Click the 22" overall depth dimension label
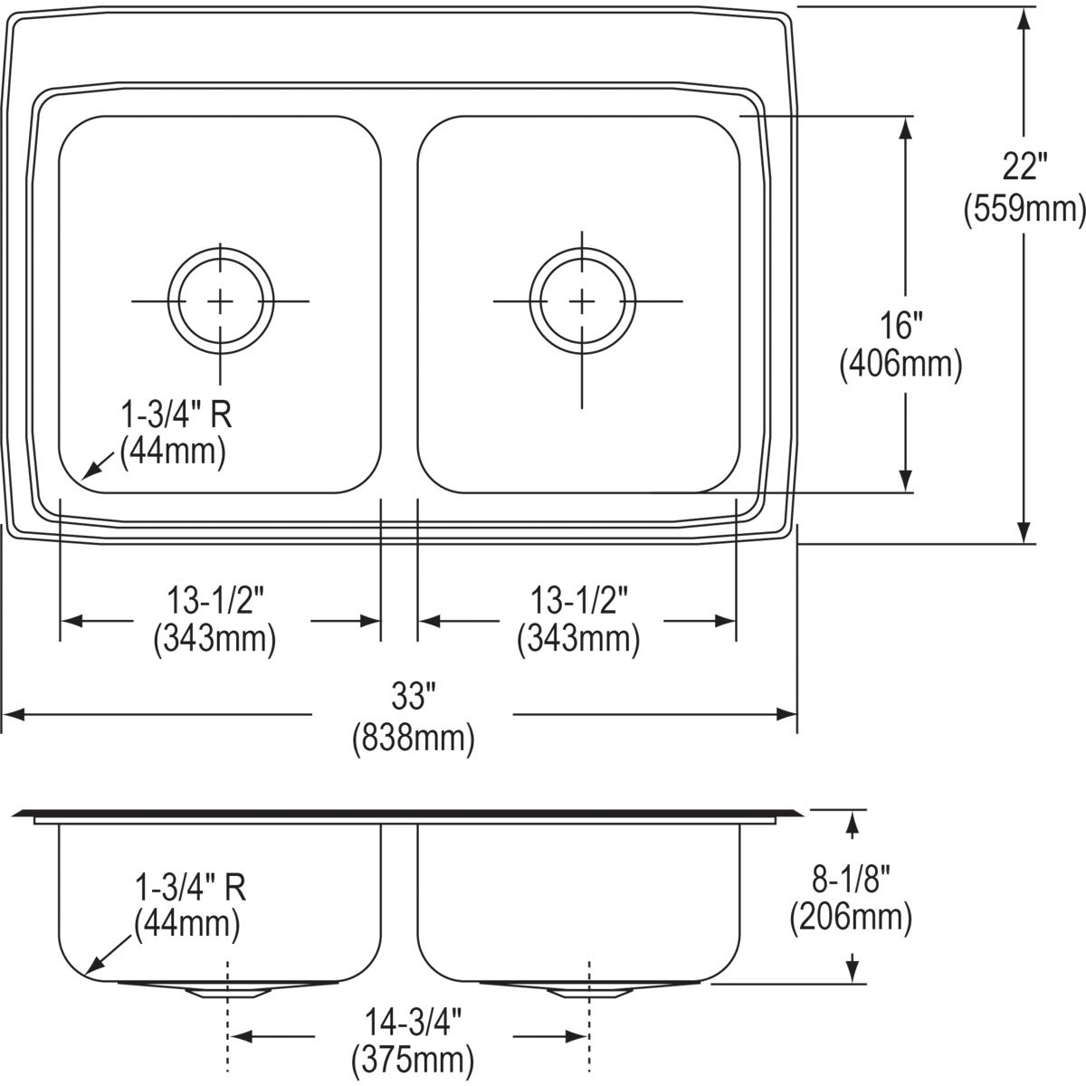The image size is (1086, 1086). click(1024, 168)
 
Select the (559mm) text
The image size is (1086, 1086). click(1024, 210)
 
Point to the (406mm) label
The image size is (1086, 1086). click(900, 365)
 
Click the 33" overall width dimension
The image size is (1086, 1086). click(413, 697)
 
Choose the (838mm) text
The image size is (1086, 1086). click(413, 738)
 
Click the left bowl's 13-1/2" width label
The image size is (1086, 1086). click(214, 598)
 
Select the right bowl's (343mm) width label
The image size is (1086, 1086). click(578, 640)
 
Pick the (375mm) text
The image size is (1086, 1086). click(413, 1057)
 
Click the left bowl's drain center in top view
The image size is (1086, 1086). click(220, 300)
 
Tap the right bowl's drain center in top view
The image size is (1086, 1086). click(581, 300)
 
